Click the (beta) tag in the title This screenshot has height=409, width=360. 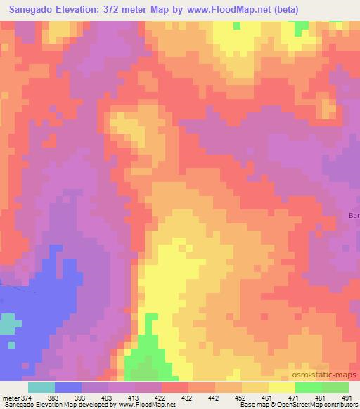pos(282,10)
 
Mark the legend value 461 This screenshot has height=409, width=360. pos(266,398)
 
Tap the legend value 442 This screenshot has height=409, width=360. pos(212,398)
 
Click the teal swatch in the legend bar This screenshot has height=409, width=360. pos(41,387)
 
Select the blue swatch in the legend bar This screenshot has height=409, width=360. pos(68,387)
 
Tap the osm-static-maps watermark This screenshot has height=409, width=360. pos(330,375)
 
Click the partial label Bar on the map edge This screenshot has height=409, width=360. pos(354,215)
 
